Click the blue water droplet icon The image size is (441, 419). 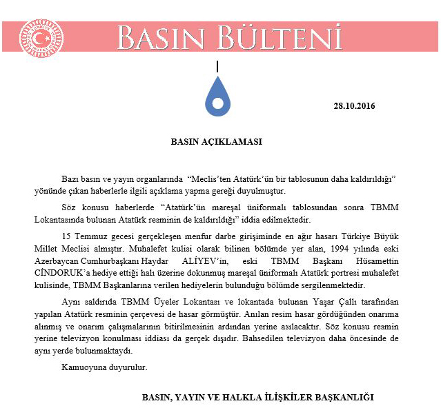click(218, 99)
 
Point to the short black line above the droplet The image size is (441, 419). click(218, 68)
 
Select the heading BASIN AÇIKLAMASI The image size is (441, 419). click(216, 143)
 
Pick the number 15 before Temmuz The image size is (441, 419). click(66, 236)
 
